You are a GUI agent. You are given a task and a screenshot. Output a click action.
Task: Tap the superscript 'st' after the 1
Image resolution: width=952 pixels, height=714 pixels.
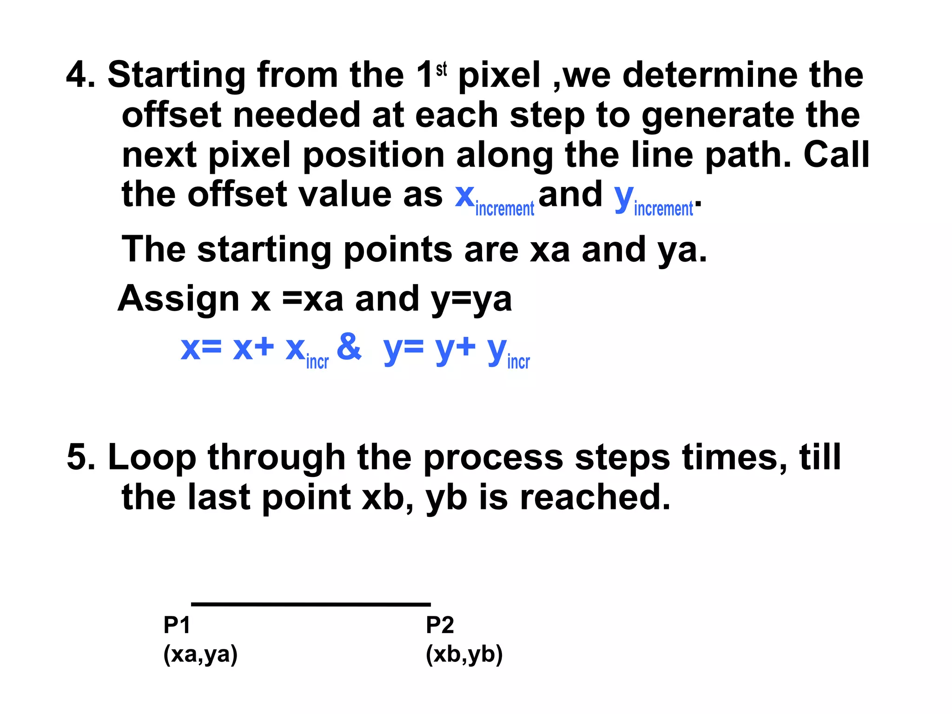(441, 69)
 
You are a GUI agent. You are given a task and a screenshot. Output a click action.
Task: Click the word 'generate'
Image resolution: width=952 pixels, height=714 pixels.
(718, 115)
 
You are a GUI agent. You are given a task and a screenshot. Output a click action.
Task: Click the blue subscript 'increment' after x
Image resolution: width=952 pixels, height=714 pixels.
(505, 209)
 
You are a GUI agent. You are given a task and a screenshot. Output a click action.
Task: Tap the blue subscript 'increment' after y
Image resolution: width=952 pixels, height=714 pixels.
(663, 209)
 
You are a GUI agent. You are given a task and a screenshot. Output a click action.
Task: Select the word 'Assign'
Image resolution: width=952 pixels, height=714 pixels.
(178, 298)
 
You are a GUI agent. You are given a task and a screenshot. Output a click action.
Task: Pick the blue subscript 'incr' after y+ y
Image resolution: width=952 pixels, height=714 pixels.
(518, 362)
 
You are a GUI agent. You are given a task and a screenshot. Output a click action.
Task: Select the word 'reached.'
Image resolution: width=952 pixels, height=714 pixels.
(595, 497)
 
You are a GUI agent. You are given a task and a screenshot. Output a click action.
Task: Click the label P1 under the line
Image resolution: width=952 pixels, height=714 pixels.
(177, 625)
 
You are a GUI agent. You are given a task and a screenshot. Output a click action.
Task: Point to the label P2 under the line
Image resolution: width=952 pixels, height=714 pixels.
(440, 625)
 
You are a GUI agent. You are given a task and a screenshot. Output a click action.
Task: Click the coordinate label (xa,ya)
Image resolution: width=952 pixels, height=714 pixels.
(200, 654)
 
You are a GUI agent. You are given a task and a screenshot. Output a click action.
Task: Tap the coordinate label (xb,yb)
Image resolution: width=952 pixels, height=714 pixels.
(464, 654)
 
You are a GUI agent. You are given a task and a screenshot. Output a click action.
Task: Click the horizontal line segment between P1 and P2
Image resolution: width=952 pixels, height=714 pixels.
(311, 604)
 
